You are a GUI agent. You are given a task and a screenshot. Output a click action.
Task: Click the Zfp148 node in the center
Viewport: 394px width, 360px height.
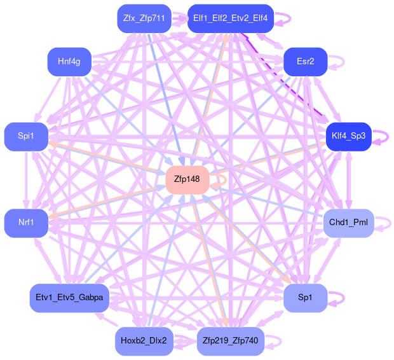coord(187,179)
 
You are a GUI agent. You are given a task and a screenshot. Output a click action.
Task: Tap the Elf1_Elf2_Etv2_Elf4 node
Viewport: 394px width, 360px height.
coord(231,18)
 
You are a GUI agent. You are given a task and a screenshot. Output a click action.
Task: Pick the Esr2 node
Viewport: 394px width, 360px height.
coord(305,62)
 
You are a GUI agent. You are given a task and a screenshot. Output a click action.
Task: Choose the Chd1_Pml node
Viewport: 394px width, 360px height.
coord(348,223)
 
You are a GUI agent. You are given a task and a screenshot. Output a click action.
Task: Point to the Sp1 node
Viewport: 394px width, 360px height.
coord(305,298)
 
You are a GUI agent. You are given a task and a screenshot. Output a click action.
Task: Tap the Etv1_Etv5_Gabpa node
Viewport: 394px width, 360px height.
coord(69,298)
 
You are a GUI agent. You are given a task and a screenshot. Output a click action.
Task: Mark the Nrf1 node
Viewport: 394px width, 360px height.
coord(26,223)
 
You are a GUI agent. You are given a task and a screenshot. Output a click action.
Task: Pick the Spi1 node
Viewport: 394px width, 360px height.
coord(26,136)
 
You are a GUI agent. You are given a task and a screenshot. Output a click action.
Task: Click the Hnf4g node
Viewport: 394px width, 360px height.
coord(69,62)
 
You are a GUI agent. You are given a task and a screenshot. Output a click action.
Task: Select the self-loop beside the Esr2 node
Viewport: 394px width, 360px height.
coord(339,62)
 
